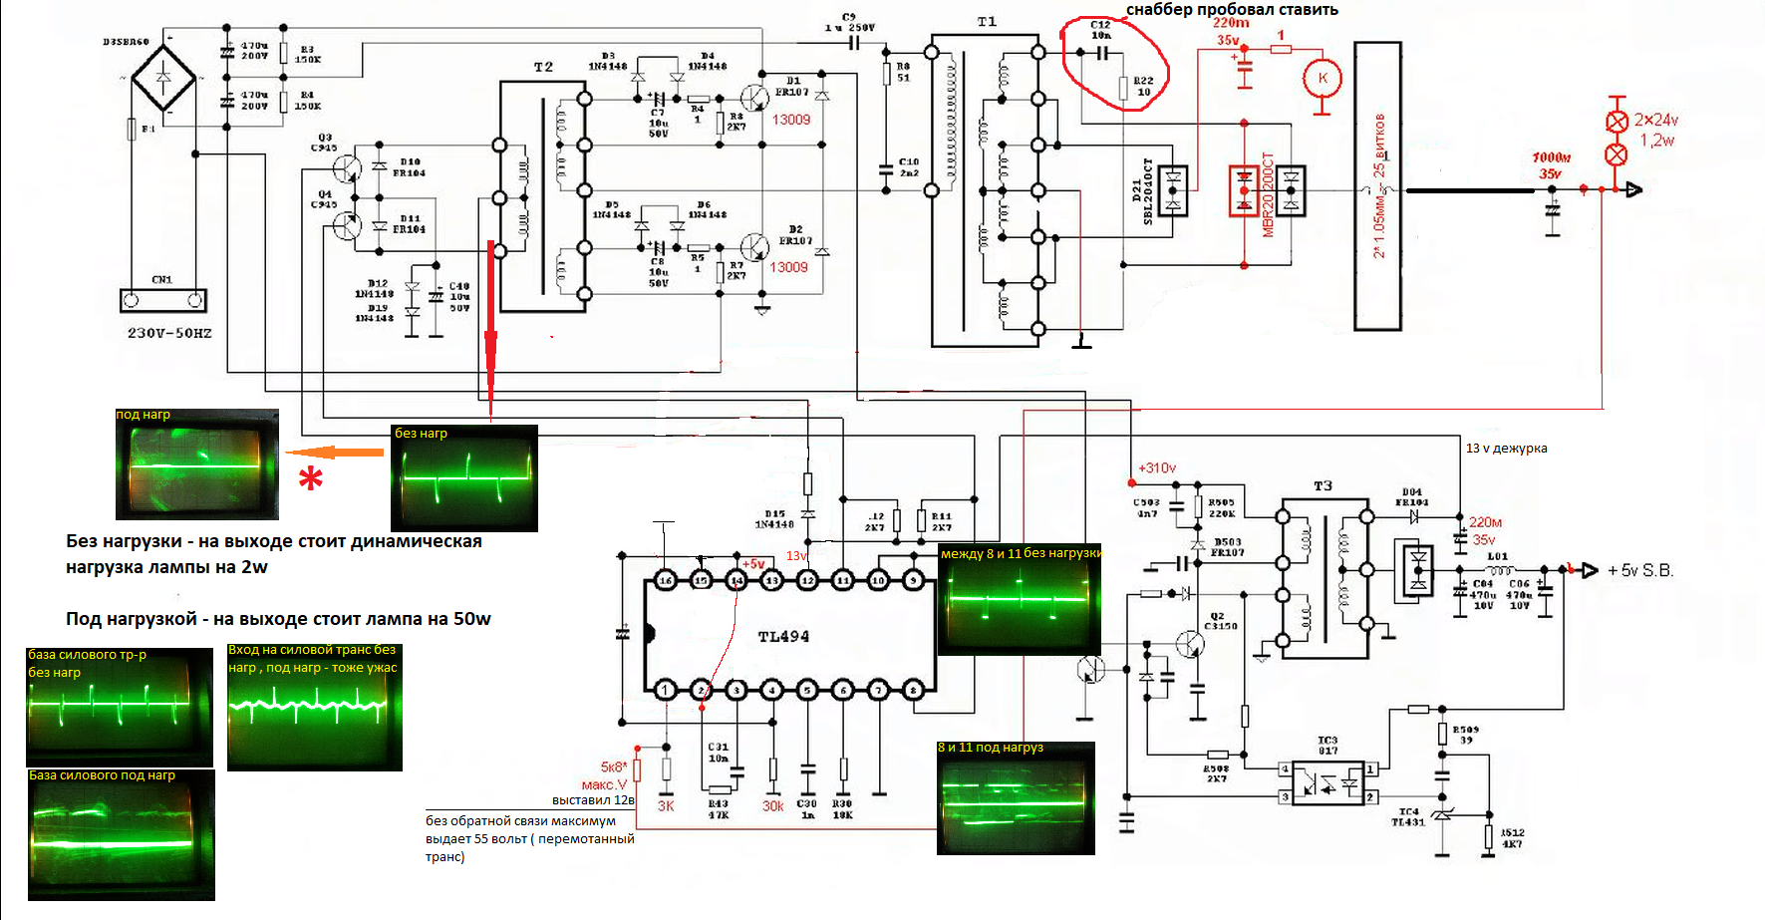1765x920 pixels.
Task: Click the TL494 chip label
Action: tap(783, 636)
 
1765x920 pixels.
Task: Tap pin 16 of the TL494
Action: tap(666, 580)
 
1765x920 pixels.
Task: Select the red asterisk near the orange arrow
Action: tap(311, 478)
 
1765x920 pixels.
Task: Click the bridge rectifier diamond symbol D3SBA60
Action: tap(164, 77)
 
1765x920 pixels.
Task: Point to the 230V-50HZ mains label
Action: tap(169, 333)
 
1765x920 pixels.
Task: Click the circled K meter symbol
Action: tap(1323, 78)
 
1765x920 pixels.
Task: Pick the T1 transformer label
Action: tap(987, 22)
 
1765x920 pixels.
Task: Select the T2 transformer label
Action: tap(543, 67)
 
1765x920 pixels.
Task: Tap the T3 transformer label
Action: tap(1323, 485)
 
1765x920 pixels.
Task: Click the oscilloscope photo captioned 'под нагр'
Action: tap(197, 464)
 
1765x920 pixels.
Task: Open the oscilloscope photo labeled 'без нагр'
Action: tap(464, 478)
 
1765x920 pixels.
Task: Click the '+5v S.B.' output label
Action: tap(1639, 570)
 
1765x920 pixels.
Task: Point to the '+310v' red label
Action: tap(1157, 467)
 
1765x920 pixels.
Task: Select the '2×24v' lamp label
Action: tap(1655, 120)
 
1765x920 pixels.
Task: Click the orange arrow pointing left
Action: tap(336, 453)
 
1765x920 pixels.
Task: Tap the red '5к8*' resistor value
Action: tap(614, 767)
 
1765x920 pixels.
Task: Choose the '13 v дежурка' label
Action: tap(1506, 449)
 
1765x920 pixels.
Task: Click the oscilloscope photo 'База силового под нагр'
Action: tap(122, 835)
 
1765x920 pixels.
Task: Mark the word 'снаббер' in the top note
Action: tap(1159, 10)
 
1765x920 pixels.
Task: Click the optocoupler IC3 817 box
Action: tap(1327, 783)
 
